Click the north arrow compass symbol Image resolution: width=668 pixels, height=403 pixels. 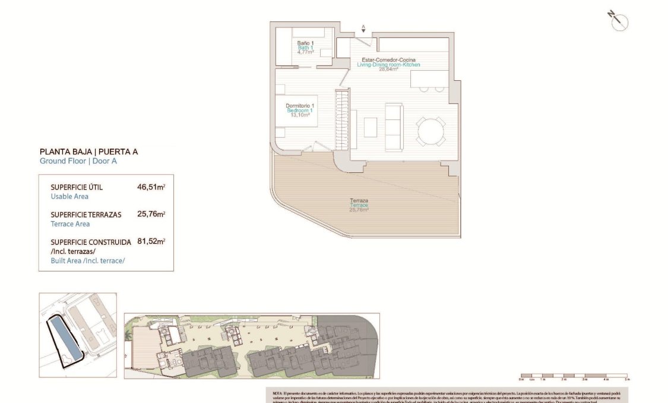point(618,21)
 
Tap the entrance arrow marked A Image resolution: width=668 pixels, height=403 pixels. point(363,28)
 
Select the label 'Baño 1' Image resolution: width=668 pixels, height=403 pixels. point(305,43)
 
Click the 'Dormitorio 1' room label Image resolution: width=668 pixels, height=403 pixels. point(300,106)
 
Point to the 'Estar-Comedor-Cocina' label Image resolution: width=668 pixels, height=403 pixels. point(392,59)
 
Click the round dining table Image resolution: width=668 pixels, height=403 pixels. point(430,131)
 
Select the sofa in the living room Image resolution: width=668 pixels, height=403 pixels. point(393,127)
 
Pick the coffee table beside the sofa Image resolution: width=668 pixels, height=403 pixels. point(370,127)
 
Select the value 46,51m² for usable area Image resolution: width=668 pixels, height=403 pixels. point(151,187)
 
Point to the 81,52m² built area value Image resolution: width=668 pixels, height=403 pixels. point(151,242)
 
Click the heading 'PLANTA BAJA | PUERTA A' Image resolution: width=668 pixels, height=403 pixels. point(88,152)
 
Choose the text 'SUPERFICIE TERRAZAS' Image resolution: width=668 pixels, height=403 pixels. point(86,215)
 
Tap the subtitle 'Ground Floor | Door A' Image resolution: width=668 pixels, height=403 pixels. point(78,161)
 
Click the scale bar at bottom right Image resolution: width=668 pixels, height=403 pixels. point(574,376)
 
